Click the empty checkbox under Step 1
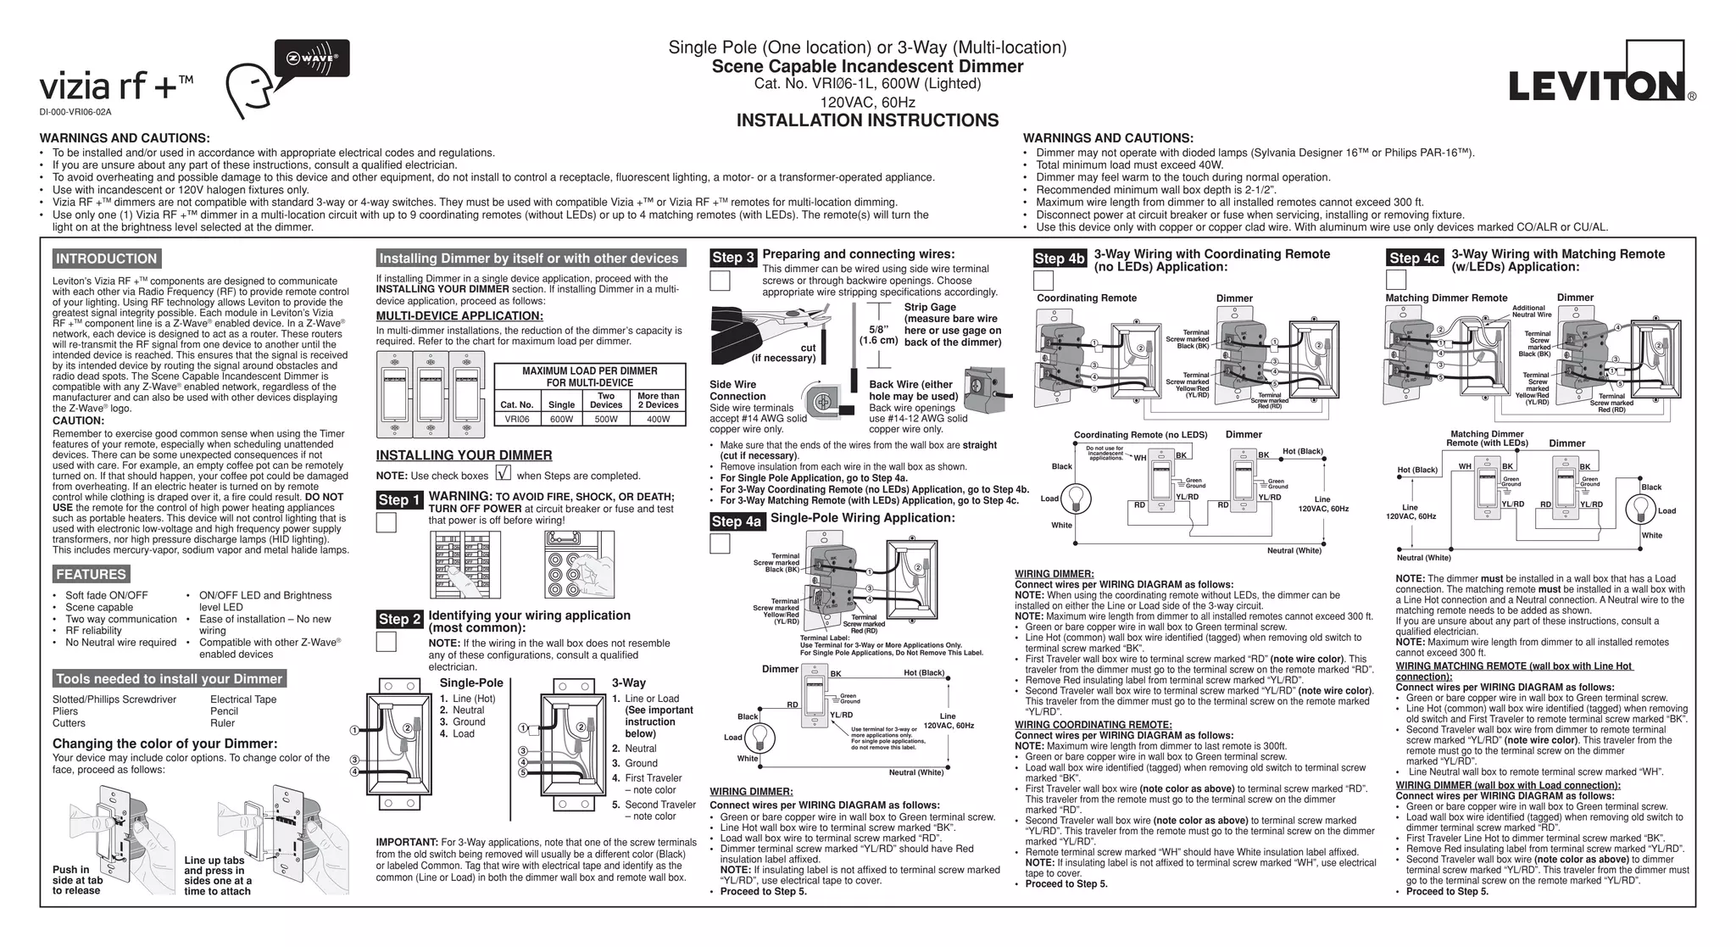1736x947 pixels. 386,522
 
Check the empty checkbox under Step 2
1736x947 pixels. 386,642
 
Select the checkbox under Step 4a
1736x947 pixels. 720,543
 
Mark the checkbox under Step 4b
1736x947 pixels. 1043,280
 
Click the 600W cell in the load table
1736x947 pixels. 561,419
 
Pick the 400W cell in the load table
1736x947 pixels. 658,419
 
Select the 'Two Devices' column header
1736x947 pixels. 606,400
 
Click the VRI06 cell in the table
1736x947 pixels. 517,419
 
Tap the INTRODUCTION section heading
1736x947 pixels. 107,259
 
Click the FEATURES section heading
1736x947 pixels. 91,575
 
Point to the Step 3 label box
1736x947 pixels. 733,258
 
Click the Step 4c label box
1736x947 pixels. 1414,258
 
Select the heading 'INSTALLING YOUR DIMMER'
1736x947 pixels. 464,455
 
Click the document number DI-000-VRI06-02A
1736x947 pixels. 75,112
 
